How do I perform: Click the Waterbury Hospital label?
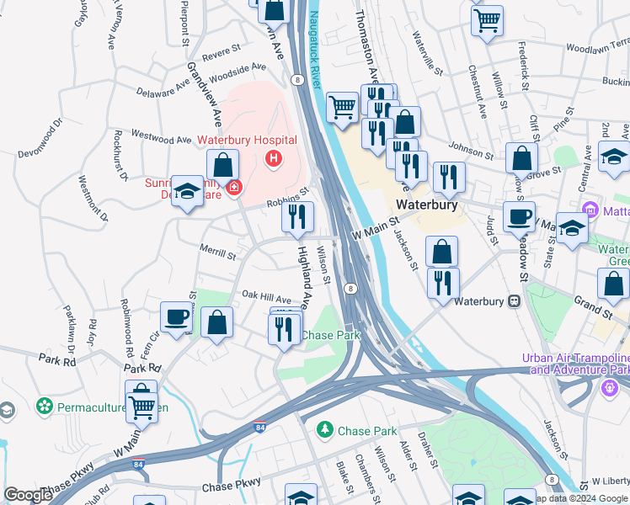tap(247, 140)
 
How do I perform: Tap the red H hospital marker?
tap(273, 158)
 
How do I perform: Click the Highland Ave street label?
tap(306, 277)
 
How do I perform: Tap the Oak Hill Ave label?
tap(266, 297)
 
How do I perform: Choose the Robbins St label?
tap(284, 199)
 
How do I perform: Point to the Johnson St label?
tap(475, 150)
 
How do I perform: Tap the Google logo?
tap(29, 495)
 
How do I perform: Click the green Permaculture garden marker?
tap(45, 407)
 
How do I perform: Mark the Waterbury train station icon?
tap(512, 300)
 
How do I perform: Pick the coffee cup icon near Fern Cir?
tap(177, 317)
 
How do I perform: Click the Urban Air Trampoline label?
tap(576, 357)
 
